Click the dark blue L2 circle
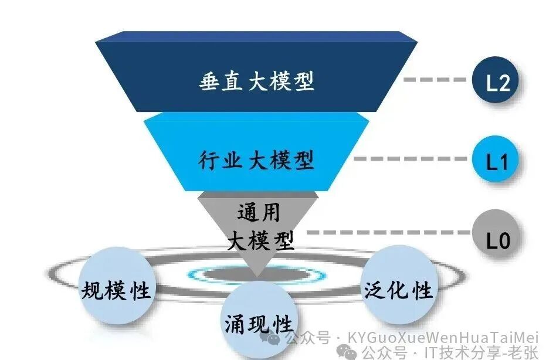(496, 80)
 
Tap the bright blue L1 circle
(496, 159)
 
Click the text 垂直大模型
(256, 81)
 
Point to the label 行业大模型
(256, 160)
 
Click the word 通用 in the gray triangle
(259, 213)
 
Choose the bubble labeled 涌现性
(259, 321)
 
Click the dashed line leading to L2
(435, 80)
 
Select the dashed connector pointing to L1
(411, 159)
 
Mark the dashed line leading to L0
(389, 232)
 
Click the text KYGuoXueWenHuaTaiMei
(443, 337)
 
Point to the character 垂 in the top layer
(209, 81)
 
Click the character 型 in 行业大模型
(304, 160)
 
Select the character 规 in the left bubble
(92, 291)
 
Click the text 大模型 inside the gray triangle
(260, 241)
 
